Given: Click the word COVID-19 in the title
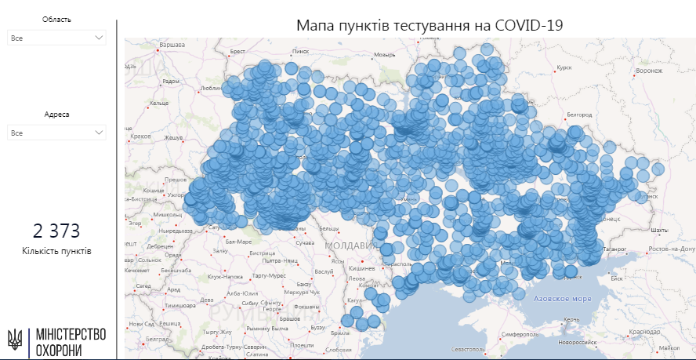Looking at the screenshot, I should coord(529,25).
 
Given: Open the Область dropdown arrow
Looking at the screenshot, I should coord(99,38).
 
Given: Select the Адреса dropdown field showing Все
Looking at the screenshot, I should coord(56,133).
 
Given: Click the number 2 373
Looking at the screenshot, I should coord(56,231).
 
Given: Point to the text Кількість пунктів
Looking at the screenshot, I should coord(56,251).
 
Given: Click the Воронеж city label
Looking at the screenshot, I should coord(649,71).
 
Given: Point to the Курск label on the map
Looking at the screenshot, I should coord(564,67).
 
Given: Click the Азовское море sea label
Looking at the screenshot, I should coord(562,299).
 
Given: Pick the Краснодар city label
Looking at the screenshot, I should coord(643,332).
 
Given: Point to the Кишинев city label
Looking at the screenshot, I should coord(361,267).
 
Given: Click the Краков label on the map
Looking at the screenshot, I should coord(141,136).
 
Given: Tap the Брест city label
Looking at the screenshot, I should coord(237,52).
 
